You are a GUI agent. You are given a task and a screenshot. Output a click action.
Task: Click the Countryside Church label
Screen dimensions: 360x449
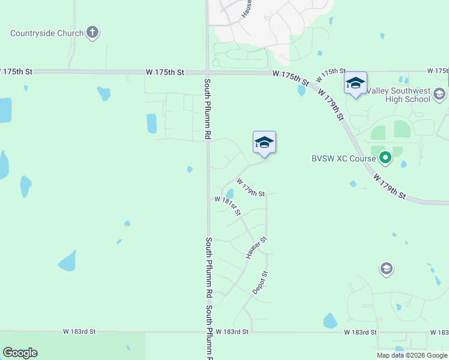pyautogui.click(x=47, y=33)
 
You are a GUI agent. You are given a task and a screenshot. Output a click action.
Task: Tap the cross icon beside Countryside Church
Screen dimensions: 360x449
pyautogui.click(x=92, y=32)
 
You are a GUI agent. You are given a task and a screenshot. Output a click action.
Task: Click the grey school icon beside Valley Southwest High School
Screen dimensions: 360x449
pyautogui.click(x=439, y=94)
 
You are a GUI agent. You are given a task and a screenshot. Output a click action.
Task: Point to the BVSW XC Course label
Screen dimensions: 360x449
pyautogui.click(x=343, y=159)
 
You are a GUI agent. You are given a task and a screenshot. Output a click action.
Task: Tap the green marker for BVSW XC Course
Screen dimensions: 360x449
pyautogui.click(x=385, y=159)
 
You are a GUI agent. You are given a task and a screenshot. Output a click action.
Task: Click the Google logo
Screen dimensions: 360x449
pyautogui.click(x=20, y=353)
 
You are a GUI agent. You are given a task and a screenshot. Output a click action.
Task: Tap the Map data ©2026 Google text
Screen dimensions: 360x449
pyautogui.click(x=412, y=355)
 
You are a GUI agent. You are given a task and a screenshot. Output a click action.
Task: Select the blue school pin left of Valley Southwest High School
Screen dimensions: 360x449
pyautogui.click(x=355, y=84)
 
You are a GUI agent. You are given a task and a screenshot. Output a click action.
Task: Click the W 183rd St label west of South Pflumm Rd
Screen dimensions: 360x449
pyautogui.click(x=80, y=332)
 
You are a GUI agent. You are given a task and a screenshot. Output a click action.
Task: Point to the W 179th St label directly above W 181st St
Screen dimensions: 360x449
pyautogui.click(x=251, y=187)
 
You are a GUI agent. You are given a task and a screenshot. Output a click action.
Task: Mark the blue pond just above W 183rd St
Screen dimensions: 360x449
pyautogui.click(x=330, y=321)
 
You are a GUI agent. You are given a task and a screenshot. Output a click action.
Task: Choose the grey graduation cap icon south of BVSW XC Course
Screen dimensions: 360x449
pyautogui.click(x=387, y=269)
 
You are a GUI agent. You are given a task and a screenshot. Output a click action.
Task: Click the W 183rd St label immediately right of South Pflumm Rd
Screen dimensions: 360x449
pyautogui.click(x=232, y=332)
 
